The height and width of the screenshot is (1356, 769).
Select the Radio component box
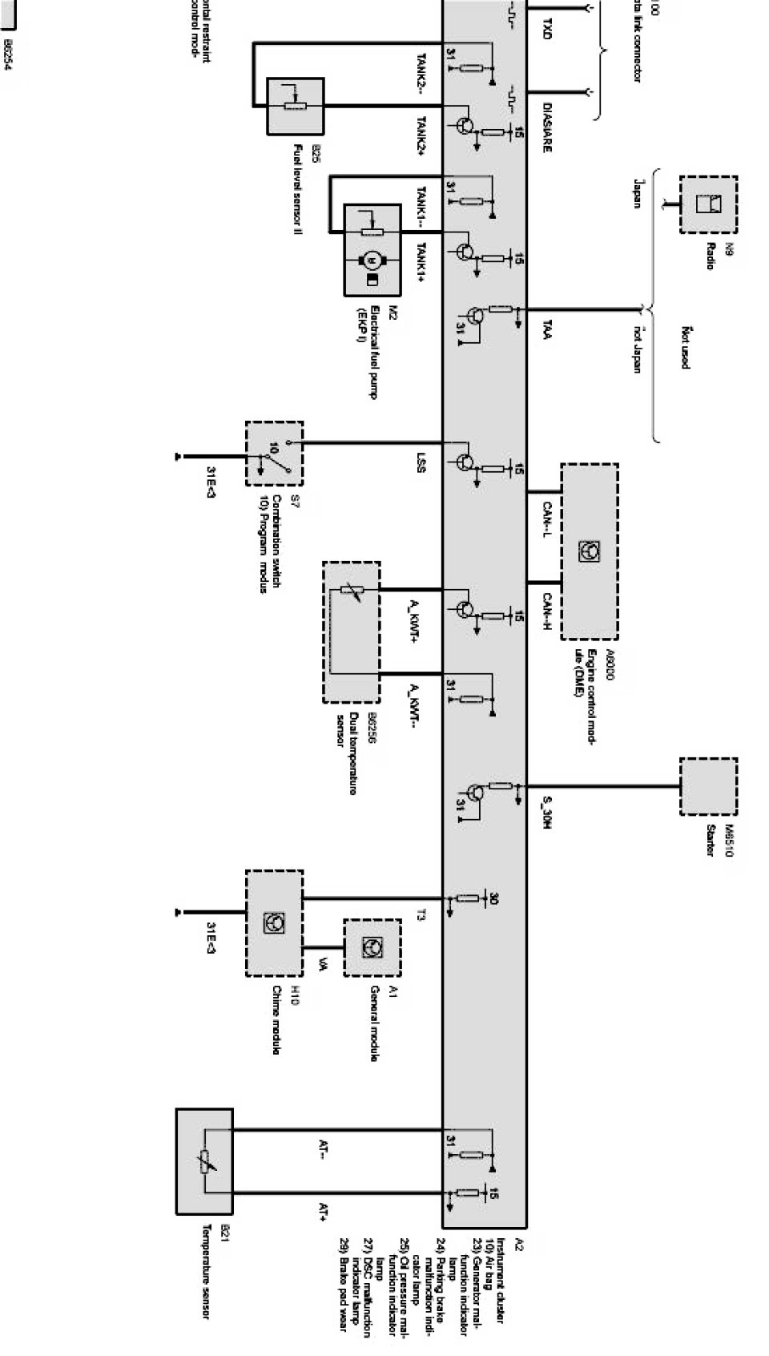(x=708, y=204)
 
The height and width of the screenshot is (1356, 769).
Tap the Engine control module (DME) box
(x=589, y=551)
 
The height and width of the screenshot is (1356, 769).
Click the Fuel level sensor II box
(x=295, y=106)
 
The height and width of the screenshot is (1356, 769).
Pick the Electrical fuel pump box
(x=372, y=250)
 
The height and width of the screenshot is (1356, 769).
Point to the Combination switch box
(x=274, y=454)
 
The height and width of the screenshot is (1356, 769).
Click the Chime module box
(x=274, y=922)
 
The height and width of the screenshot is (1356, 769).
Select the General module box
(x=372, y=947)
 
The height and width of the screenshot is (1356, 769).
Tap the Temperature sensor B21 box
(x=204, y=1161)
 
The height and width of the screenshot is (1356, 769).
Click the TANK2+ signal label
(x=422, y=136)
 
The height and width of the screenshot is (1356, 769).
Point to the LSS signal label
(x=421, y=464)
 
